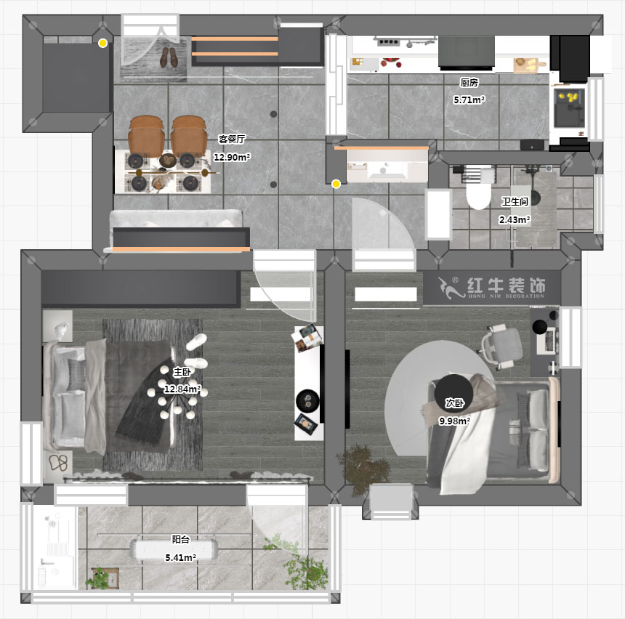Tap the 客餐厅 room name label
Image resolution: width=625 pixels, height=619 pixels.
pos(233,139)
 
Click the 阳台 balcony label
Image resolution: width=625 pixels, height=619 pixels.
pos(181,539)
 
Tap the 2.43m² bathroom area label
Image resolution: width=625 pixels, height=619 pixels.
pos(514,220)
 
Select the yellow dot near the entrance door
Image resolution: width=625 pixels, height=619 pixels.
pos(103,44)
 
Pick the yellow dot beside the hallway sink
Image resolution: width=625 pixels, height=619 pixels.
pos(336,185)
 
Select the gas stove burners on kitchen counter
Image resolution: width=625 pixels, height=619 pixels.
pos(392,44)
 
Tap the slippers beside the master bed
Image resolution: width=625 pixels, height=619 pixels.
pos(59,464)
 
